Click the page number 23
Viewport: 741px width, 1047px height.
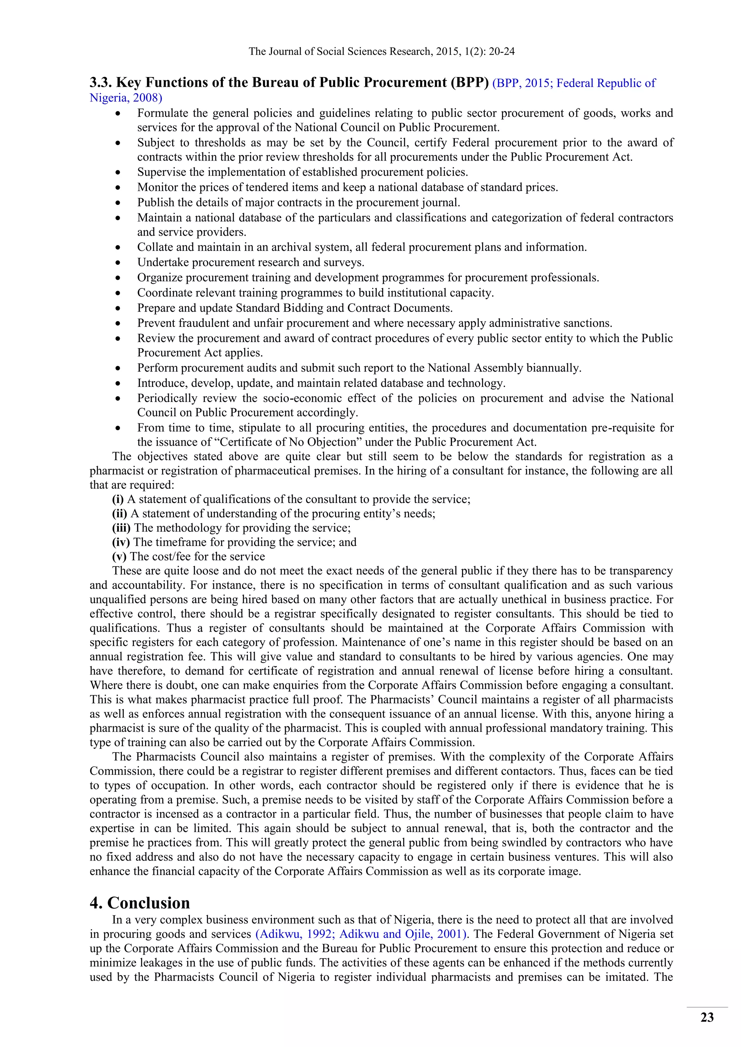pyautogui.click(x=707, y=1017)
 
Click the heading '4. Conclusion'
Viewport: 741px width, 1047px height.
pyautogui.click(x=140, y=902)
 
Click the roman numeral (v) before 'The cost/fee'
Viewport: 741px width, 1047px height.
pyautogui.click(x=119, y=556)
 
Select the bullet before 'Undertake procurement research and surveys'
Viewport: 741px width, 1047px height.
pyautogui.click(x=118, y=263)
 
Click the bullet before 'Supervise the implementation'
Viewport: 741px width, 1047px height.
pyautogui.click(x=118, y=172)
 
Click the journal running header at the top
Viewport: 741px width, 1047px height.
pyautogui.click(x=381, y=52)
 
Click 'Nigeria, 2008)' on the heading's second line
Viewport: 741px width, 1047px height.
pyautogui.click(x=126, y=98)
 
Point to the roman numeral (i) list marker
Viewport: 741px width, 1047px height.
pyautogui.click(x=118, y=499)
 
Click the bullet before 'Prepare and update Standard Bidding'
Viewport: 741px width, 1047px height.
pyautogui.click(x=118, y=308)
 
